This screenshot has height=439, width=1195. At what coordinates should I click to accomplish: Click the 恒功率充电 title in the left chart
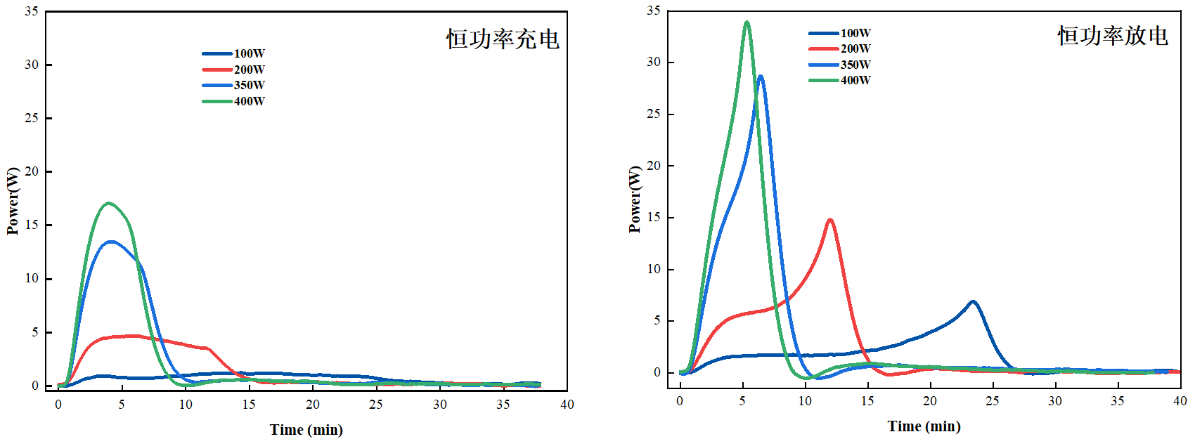click(x=503, y=39)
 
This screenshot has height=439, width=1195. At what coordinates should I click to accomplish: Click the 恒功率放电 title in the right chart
click(x=1113, y=36)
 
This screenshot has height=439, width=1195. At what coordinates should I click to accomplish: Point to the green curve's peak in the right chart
click(x=747, y=22)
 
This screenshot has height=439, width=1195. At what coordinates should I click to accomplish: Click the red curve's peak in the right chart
click(x=830, y=220)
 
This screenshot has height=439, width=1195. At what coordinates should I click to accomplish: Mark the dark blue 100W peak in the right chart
click(x=973, y=301)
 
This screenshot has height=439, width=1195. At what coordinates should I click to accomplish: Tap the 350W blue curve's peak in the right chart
click(x=761, y=77)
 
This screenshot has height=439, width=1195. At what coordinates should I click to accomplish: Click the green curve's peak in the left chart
click(x=108, y=204)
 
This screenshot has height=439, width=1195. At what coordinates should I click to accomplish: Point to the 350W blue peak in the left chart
click(x=112, y=242)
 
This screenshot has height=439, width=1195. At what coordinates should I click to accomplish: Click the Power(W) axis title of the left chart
click(x=13, y=201)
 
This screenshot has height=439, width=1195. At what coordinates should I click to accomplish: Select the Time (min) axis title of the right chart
click(x=924, y=426)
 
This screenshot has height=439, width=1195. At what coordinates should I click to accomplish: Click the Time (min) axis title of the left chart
click(x=306, y=430)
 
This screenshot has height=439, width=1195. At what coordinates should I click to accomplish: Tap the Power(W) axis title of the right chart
click(x=635, y=199)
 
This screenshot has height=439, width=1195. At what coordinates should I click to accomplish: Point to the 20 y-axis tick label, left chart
click(x=32, y=171)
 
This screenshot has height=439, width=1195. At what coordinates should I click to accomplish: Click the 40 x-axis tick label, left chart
click(x=567, y=405)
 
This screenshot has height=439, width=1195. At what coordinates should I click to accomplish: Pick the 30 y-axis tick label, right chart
click(x=654, y=62)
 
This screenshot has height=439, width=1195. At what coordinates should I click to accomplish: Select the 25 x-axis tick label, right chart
click(x=992, y=401)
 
